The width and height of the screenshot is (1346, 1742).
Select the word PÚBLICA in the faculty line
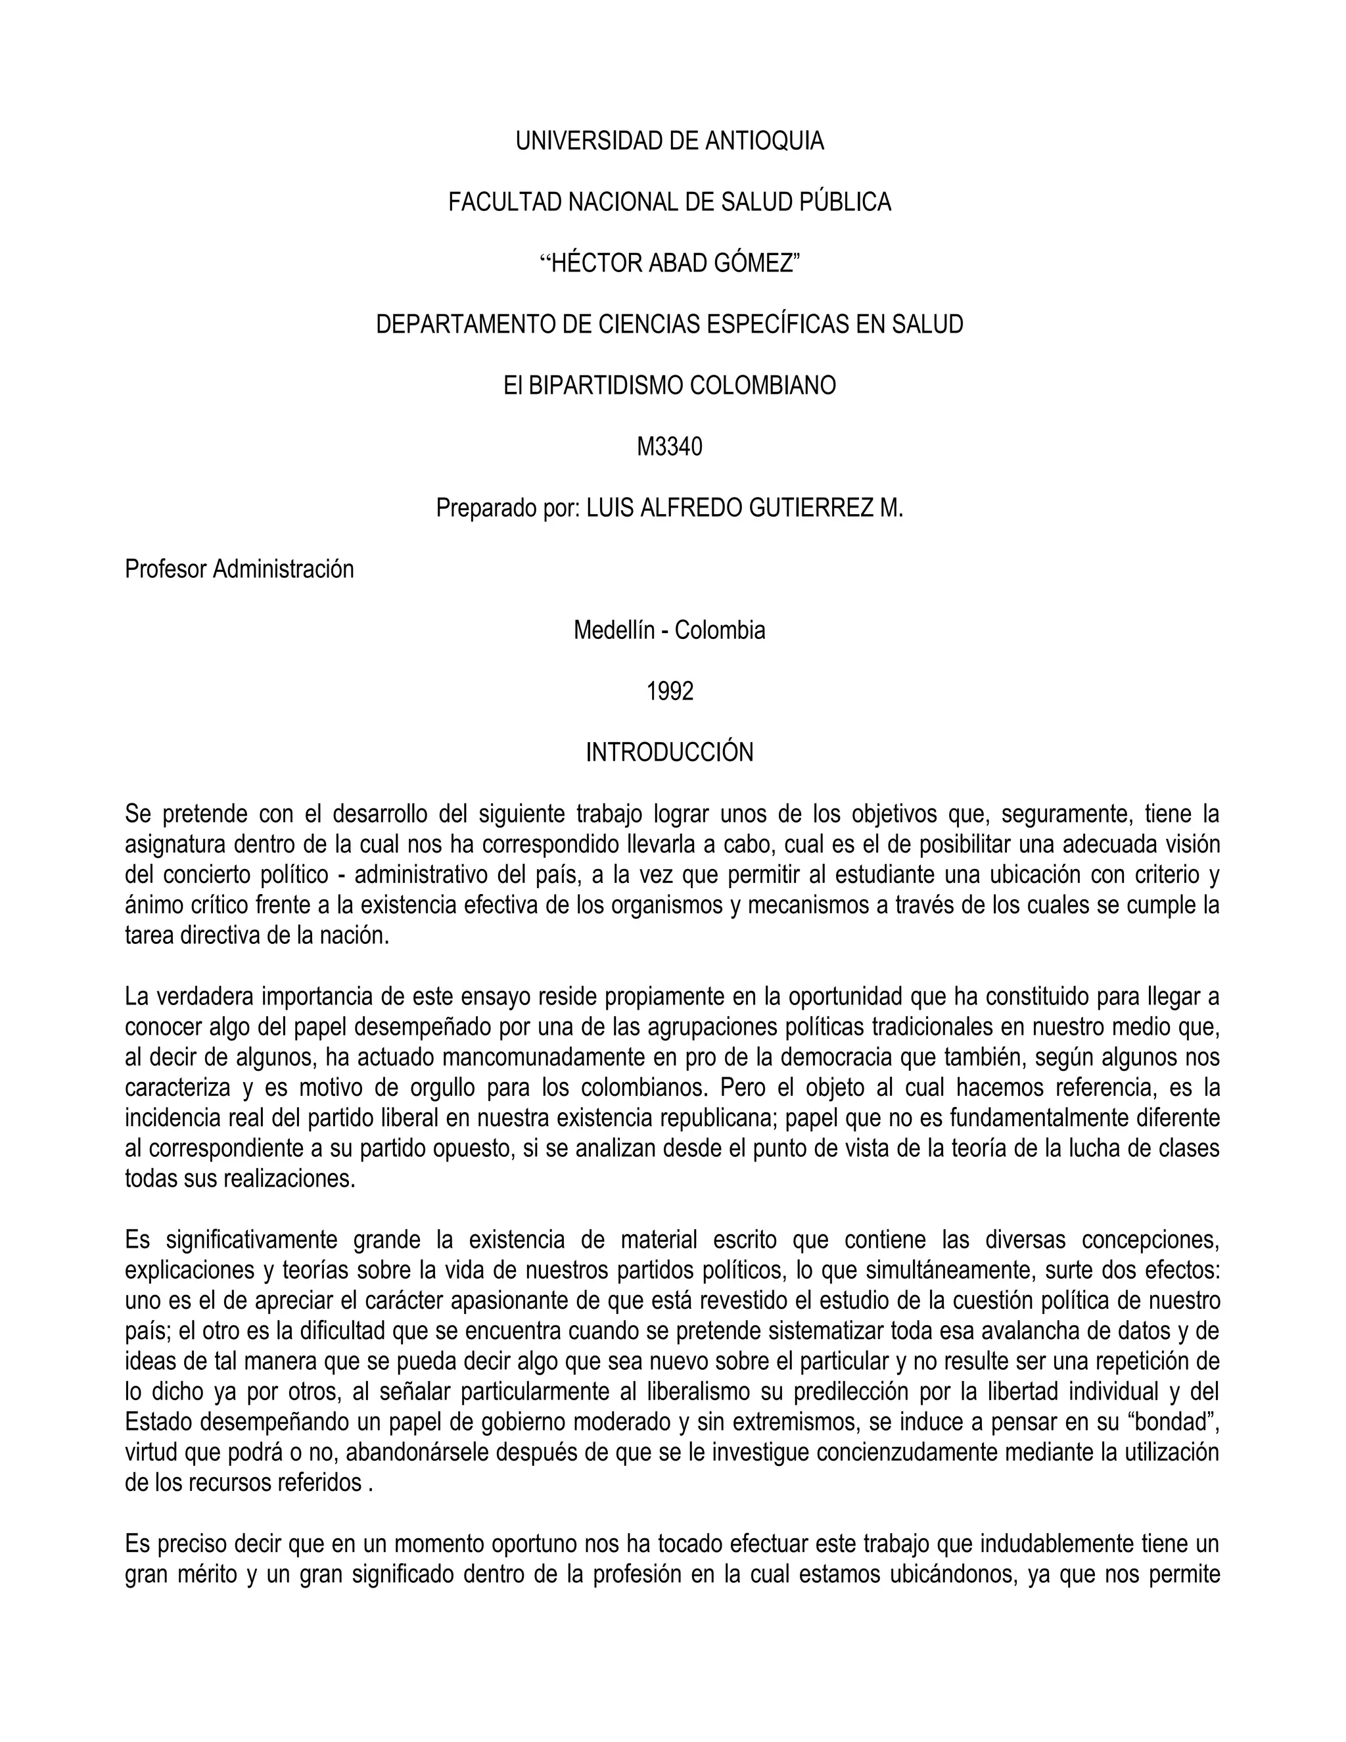(x=846, y=202)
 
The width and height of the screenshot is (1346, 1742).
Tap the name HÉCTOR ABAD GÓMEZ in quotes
(x=670, y=263)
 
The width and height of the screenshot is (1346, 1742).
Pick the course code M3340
(x=670, y=446)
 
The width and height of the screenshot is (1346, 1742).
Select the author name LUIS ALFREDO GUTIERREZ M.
(x=745, y=508)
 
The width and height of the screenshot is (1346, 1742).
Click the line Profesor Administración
(x=239, y=569)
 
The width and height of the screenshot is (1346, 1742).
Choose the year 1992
(x=670, y=692)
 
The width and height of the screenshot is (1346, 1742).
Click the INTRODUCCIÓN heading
(x=670, y=752)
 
